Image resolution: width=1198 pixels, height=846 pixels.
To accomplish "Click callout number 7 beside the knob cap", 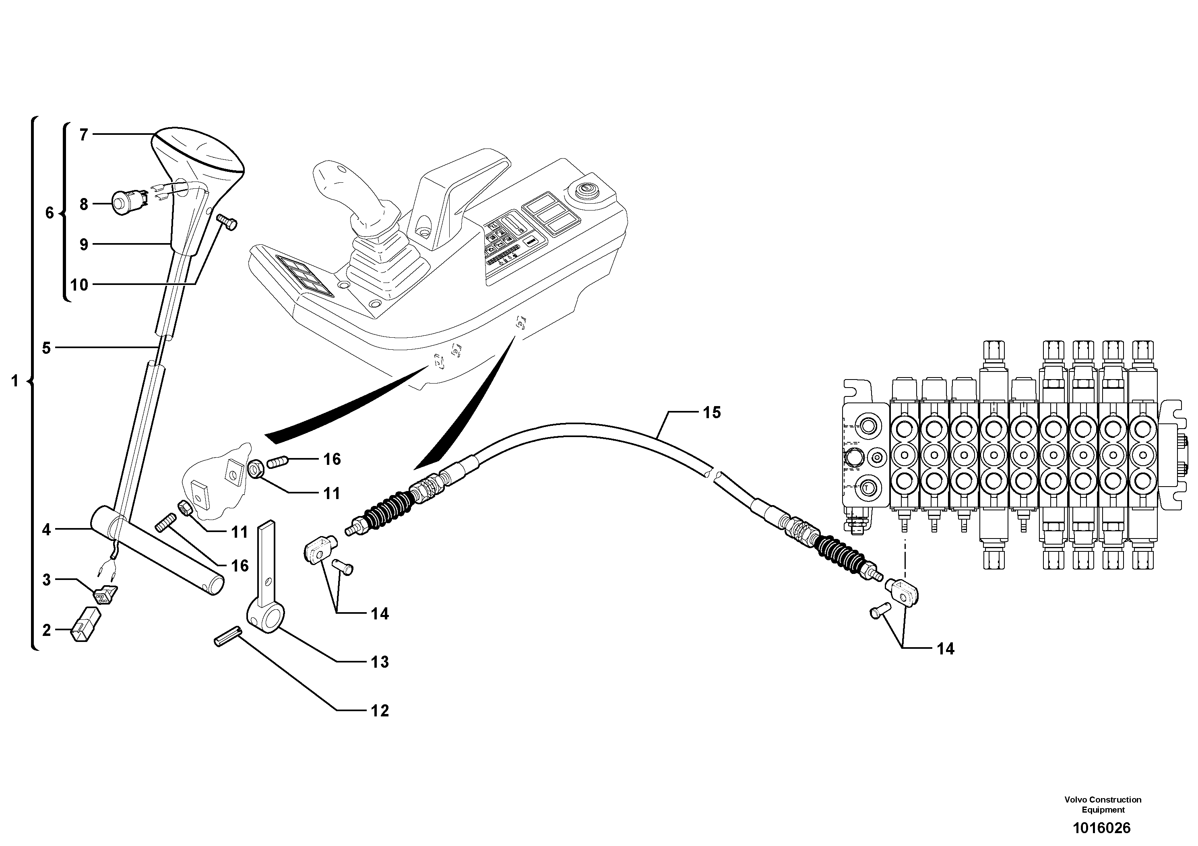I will tap(83, 135).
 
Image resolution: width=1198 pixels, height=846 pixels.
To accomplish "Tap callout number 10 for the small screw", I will tap(79, 285).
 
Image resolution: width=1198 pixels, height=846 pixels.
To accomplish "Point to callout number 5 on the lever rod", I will tap(46, 348).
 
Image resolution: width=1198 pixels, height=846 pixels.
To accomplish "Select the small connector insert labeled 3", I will tap(104, 595).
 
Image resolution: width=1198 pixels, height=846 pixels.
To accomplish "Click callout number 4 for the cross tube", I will tap(46, 530).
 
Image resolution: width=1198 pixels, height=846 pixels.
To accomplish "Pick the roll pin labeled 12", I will tap(227, 636).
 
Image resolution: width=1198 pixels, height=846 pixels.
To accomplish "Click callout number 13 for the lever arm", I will tap(380, 662).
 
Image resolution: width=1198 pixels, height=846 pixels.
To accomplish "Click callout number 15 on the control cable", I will tap(712, 413).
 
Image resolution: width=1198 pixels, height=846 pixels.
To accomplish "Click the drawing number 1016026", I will tap(1101, 828).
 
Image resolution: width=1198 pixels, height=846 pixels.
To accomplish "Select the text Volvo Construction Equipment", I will tap(1103, 804).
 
